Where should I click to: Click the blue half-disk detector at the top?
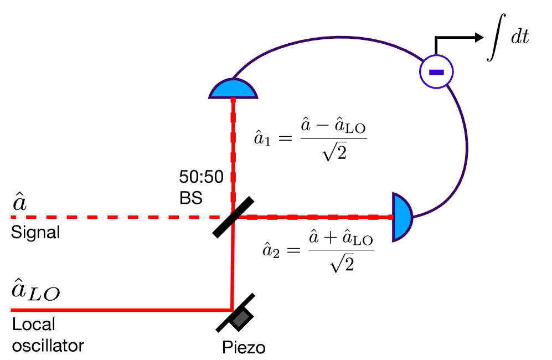pyautogui.click(x=233, y=90)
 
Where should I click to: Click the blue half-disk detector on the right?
pyautogui.click(x=401, y=217)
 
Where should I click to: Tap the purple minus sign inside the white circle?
pyautogui.click(x=436, y=72)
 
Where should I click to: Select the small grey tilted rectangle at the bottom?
pyautogui.click(x=241, y=318)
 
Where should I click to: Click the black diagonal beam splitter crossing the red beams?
pyautogui.click(x=235, y=217)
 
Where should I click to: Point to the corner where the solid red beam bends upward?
pyautogui.click(x=232, y=310)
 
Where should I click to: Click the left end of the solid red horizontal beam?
pyautogui.click(x=12, y=310)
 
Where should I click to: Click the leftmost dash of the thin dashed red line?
pyautogui.click(x=13, y=217)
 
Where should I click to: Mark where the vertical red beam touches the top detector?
pyautogui.click(x=233, y=99)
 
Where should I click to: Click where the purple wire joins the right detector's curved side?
pyautogui.click(x=412, y=217)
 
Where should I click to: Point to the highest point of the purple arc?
pyautogui.click(x=341, y=37)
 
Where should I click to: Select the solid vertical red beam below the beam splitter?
pyautogui.click(x=233, y=266)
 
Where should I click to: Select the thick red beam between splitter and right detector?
pyautogui.click(x=316, y=217)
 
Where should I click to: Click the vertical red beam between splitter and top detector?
pyautogui.click(x=233, y=155)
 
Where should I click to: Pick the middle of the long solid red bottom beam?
pyautogui.click(x=122, y=310)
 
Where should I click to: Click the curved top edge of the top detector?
pyautogui.click(x=233, y=80)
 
